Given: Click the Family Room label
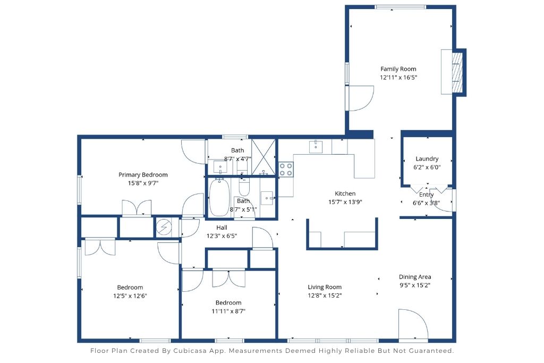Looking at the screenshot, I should (398, 69).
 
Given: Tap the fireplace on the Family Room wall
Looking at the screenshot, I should (456, 72).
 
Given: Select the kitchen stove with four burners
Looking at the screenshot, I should (286, 169).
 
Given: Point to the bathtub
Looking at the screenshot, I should (218, 197).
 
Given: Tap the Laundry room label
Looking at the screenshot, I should (427, 158).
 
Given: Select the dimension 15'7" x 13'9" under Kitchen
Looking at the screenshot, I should (345, 202).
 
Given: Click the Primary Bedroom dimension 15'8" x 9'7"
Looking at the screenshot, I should (142, 183).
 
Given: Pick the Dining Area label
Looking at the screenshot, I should (415, 276).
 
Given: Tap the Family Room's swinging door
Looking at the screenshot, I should (361, 98).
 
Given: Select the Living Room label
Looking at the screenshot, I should (324, 287).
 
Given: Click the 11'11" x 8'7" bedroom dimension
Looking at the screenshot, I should (229, 311).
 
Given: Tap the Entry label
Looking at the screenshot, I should (426, 195).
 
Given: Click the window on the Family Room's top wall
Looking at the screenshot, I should (400, 7).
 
